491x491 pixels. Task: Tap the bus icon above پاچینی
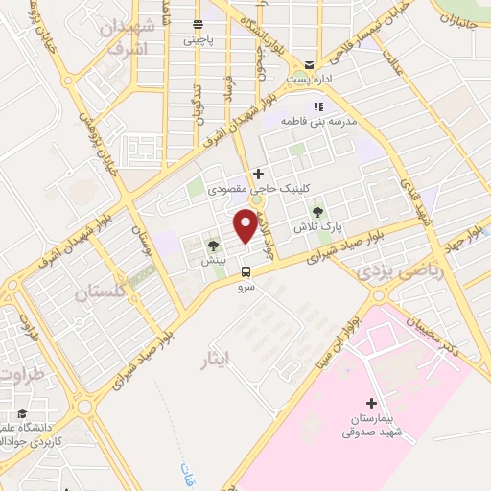click(x=197, y=24)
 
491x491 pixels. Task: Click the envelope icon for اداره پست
click(x=308, y=59)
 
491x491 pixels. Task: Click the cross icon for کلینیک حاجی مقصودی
click(x=257, y=174)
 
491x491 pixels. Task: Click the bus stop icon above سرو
click(x=246, y=271)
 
